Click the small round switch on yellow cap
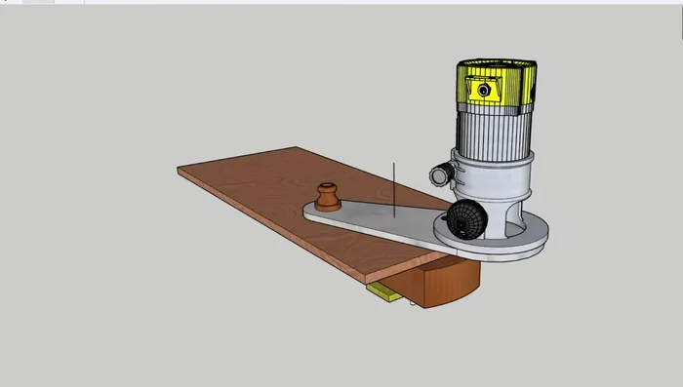(483, 90)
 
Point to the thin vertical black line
(394, 190)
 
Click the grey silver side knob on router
(441, 175)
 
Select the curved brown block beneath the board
(444, 284)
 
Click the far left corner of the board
(180, 172)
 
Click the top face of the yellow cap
(498, 65)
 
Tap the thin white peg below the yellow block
(416, 303)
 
